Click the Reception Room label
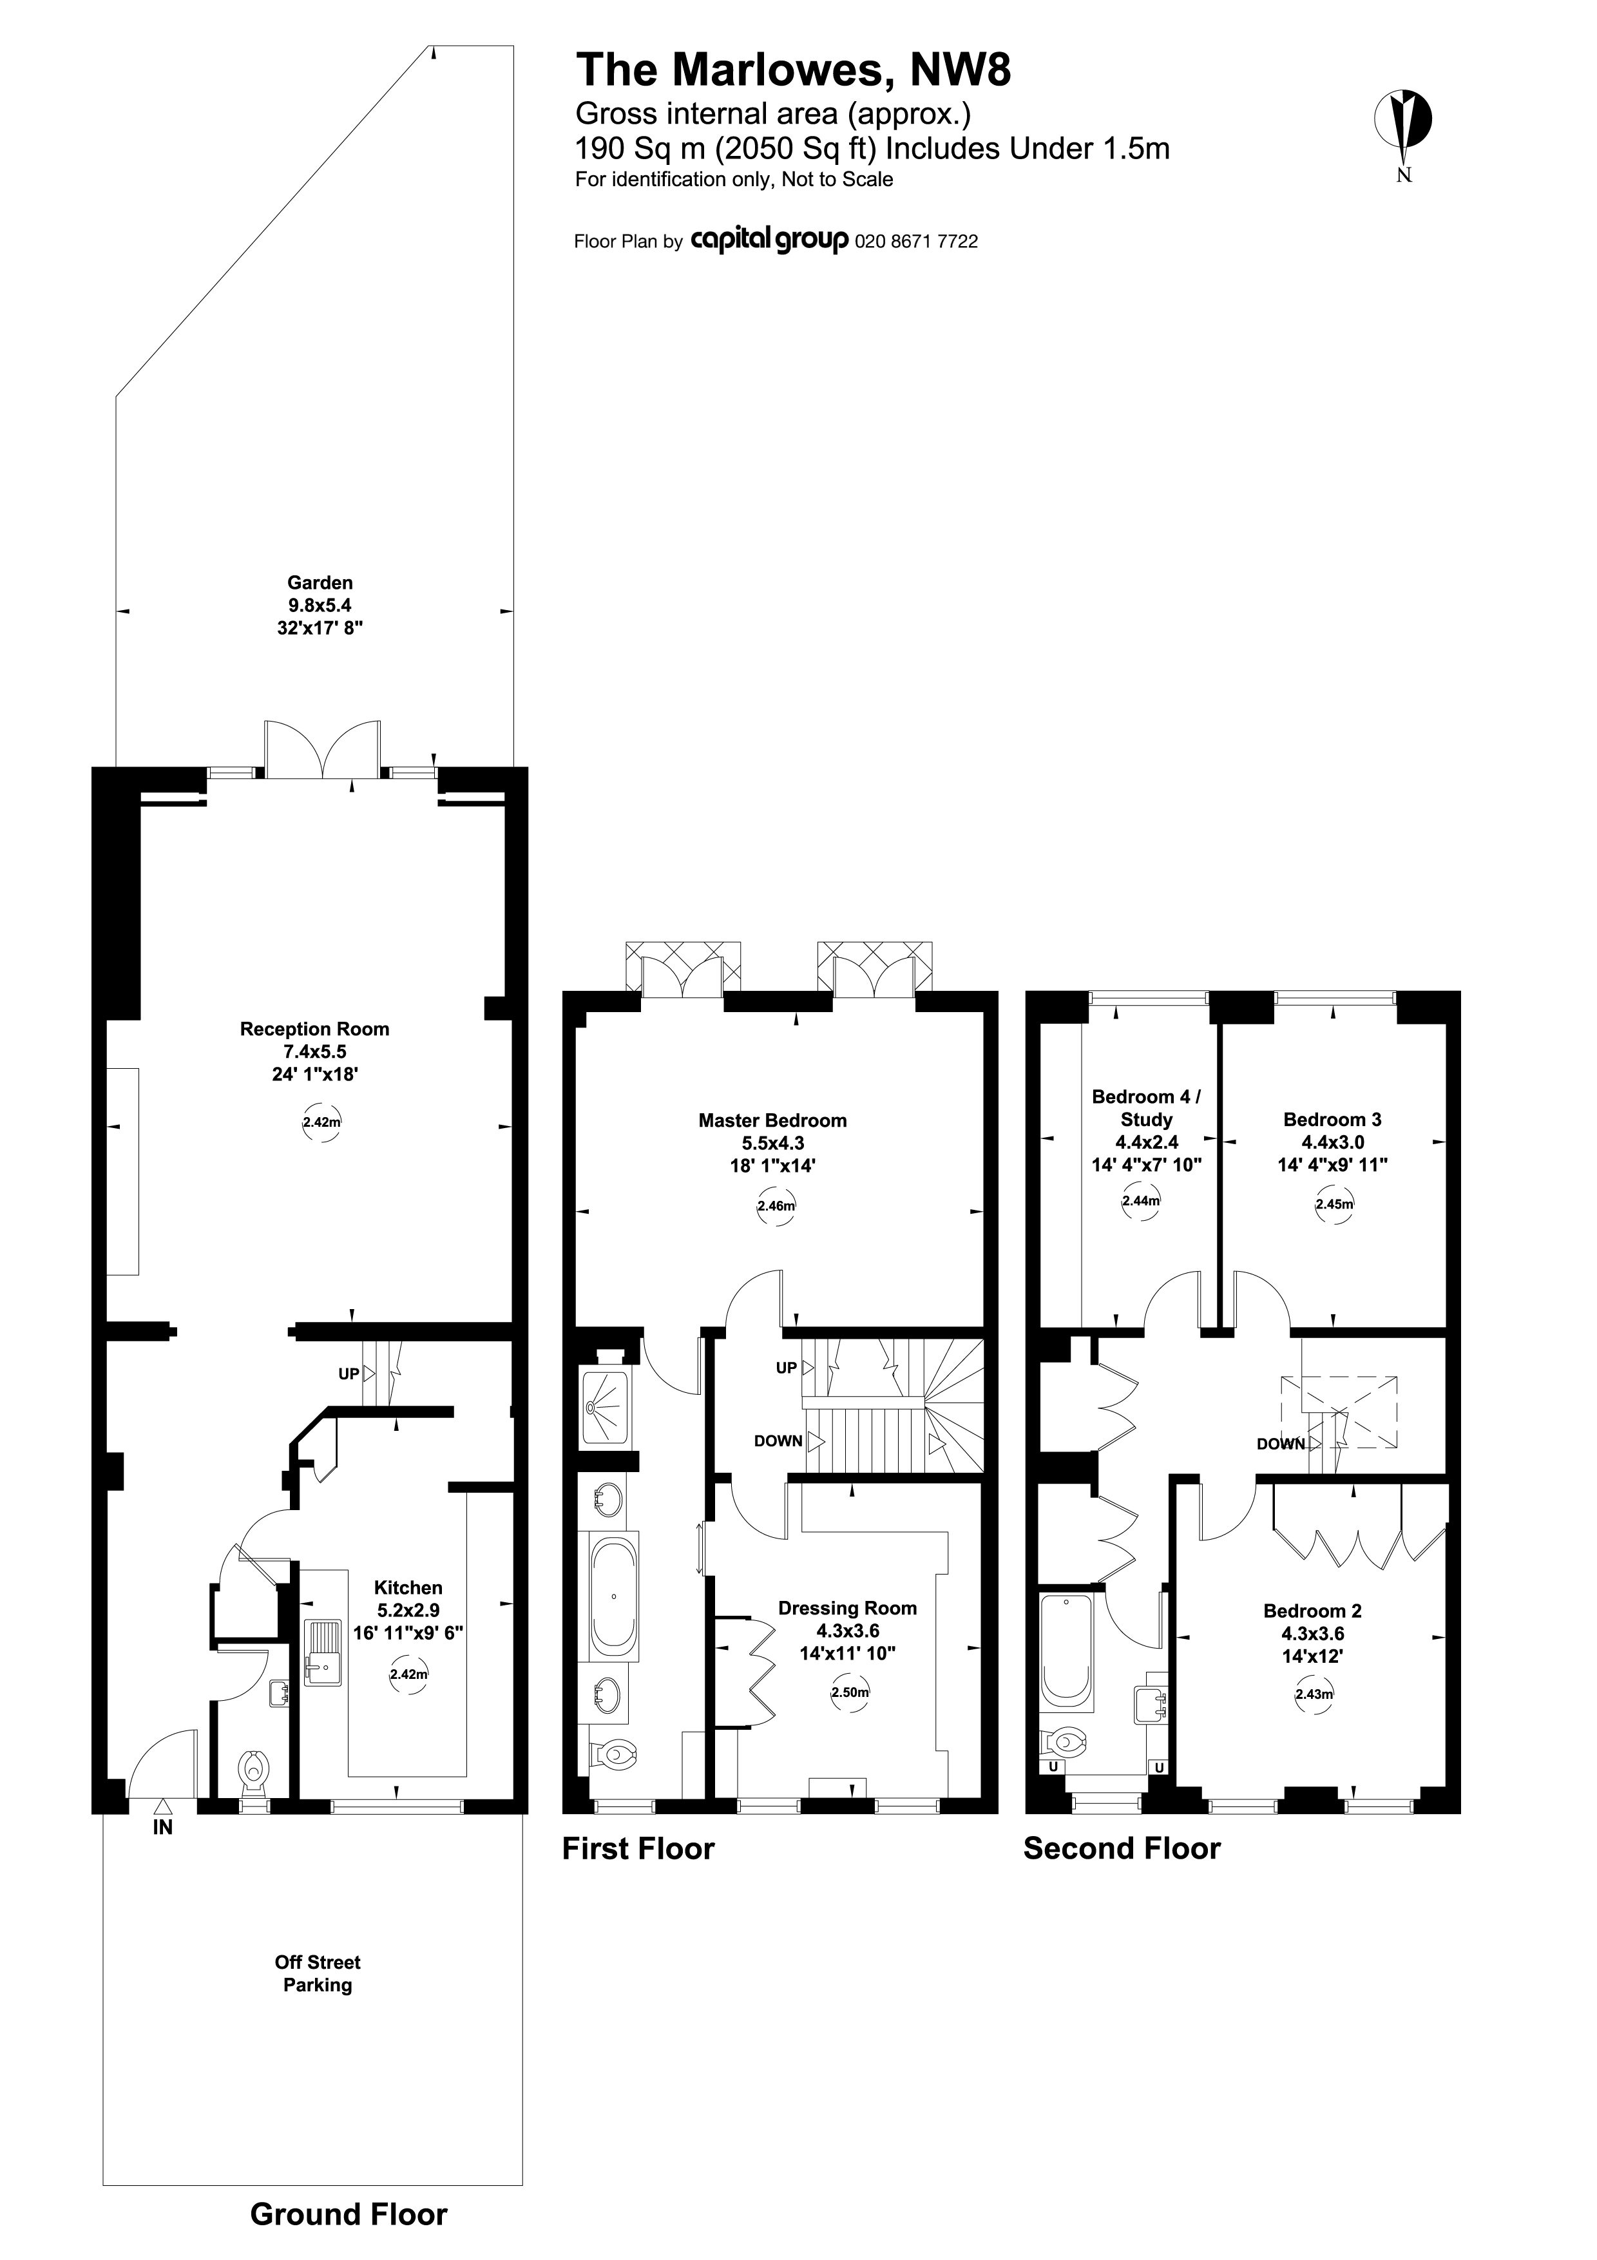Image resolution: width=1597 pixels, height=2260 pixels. tap(315, 1029)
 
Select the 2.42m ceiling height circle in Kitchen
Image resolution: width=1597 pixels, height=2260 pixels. tap(408, 1674)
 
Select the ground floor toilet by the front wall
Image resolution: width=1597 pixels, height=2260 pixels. tap(254, 1771)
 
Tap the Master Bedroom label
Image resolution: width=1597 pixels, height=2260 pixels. tap(772, 1120)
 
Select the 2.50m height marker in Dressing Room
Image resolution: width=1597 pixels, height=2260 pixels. tap(849, 1693)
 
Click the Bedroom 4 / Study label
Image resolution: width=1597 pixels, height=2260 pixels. tap(1146, 1107)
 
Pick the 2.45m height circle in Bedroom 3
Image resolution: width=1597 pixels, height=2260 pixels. tap(1334, 1204)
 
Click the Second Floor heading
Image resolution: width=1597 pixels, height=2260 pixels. tap(1122, 1848)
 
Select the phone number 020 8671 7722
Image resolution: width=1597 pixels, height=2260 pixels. tap(917, 241)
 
